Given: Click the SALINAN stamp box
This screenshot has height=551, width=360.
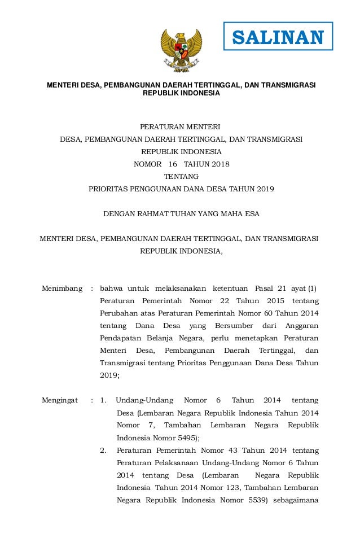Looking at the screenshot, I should tap(278, 37).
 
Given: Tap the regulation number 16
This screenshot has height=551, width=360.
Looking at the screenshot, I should tap(172, 164).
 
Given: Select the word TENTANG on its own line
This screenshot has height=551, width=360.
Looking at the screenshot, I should tap(181, 177).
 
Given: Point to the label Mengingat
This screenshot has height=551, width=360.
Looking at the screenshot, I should tap(60, 400).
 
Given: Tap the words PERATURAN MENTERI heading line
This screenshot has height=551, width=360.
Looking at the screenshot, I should tap(181, 126).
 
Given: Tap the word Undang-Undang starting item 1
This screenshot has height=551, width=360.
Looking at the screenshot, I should tap(144, 400).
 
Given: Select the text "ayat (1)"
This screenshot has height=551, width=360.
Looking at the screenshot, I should tap(302, 288).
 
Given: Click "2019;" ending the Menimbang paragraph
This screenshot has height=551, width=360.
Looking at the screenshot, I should tap(109, 375).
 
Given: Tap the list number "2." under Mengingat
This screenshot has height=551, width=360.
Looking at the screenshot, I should tap(103, 450).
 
